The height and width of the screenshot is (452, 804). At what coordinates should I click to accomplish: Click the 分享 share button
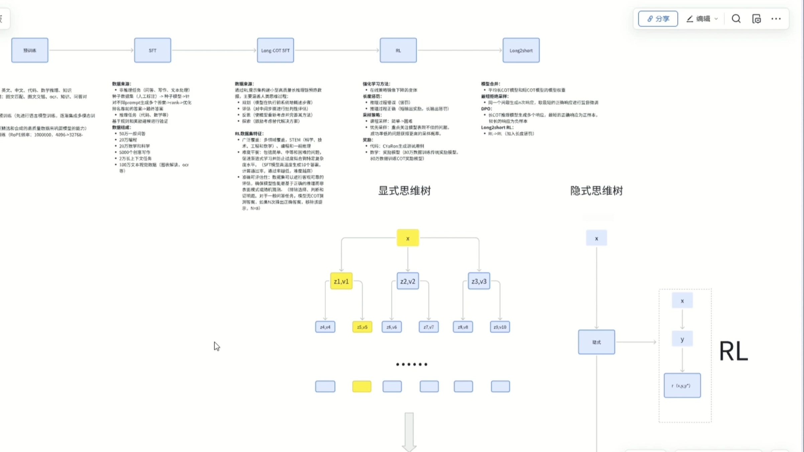click(x=658, y=19)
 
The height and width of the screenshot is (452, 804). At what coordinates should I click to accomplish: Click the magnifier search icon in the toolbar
click(x=736, y=19)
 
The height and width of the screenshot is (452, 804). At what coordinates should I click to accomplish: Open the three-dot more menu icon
click(x=776, y=19)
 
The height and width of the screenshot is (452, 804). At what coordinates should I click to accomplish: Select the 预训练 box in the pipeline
click(x=30, y=50)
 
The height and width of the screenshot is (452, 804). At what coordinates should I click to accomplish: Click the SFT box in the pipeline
click(x=152, y=50)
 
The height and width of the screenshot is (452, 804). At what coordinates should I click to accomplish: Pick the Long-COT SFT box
click(x=275, y=50)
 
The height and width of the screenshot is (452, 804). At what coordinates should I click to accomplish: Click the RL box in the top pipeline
click(x=398, y=50)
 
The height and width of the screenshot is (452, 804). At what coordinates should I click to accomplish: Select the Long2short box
click(x=521, y=50)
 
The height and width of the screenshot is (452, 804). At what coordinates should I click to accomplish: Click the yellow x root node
click(x=408, y=238)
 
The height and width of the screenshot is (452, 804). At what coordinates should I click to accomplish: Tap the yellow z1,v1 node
click(x=341, y=281)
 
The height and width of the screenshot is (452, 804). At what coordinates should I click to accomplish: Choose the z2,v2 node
click(x=408, y=281)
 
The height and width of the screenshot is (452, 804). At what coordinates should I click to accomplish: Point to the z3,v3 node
click(x=479, y=281)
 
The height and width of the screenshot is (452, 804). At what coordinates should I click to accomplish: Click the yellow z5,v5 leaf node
click(x=362, y=327)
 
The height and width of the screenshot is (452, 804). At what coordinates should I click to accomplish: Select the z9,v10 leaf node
click(x=500, y=327)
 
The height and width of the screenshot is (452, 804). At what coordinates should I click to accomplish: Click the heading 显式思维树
click(x=404, y=191)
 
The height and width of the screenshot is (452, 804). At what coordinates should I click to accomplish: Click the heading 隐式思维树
click(x=596, y=191)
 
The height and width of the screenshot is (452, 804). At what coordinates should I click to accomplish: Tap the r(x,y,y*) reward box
click(x=682, y=385)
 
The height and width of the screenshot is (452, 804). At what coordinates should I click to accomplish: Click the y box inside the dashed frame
click(x=682, y=339)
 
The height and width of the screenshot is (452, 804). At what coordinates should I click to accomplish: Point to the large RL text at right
click(x=733, y=351)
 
